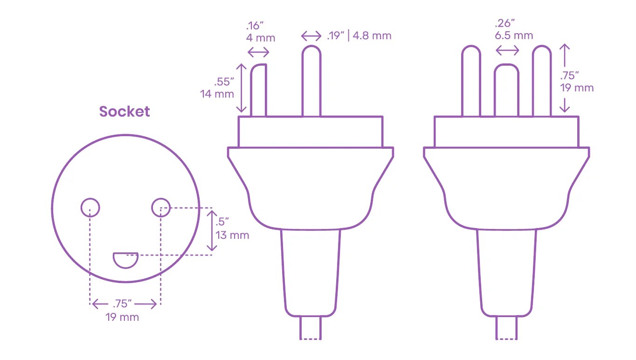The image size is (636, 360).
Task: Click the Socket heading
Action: point(124,112)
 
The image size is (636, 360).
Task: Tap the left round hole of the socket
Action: point(90,207)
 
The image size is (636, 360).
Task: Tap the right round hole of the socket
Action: point(161,207)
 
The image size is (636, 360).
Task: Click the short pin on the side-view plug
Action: point(259,90)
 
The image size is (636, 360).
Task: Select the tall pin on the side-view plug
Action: point(311,82)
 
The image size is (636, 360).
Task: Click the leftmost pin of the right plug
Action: point(471,82)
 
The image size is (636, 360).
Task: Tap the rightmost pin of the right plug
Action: point(542,82)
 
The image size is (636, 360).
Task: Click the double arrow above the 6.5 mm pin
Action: point(507,50)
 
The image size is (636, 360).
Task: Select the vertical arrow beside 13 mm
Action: point(212,231)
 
